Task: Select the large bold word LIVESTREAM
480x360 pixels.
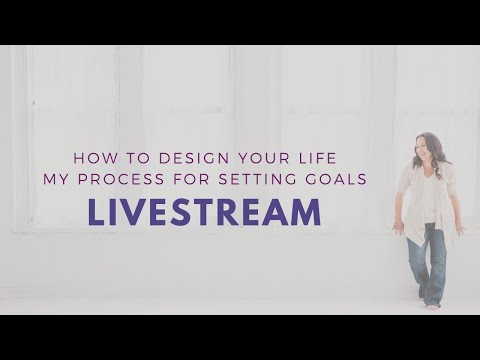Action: pos(203,212)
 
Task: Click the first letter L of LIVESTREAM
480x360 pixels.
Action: pos(92,212)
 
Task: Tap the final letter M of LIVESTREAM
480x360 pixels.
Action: pos(309,212)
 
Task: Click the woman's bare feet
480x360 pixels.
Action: pos(431,304)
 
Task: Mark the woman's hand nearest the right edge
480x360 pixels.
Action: pos(461,227)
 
